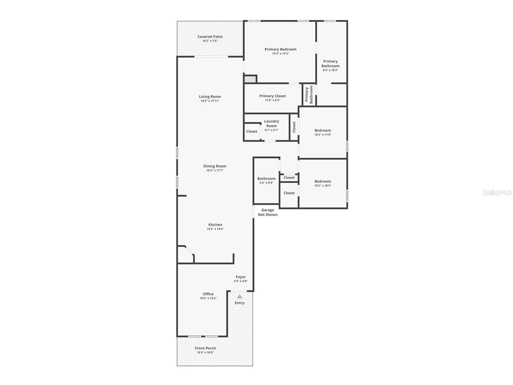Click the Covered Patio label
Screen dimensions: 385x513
click(x=210, y=37)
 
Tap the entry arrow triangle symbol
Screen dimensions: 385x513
click(x=240, y=296)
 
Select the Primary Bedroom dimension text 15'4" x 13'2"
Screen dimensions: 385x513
click(x=281, y=54)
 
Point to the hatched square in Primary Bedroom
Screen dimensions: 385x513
click(x=250, y=79)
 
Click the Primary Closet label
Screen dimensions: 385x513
click(x=272, y=96)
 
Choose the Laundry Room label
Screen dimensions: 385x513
click(x=271, y=123)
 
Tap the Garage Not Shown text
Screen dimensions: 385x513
click(x=268, y=212)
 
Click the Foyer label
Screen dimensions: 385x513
click(x=241, y=277)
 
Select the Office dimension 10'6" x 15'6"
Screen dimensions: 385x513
click(x=208, y=298)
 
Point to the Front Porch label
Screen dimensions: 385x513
click(x=205, y=348)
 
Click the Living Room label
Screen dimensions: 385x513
click(x=210, y=96)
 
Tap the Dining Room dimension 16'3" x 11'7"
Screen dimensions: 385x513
click(x=215, y=170)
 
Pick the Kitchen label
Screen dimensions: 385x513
click(x=215, y=225)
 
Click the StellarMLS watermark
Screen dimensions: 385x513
click(x=497, y=192)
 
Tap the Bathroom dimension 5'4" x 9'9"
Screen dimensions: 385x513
click(x=266, y=183)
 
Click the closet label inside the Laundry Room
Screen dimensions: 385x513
click(x=252, y=131)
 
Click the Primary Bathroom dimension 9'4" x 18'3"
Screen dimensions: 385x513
click(x=330, y=70)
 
